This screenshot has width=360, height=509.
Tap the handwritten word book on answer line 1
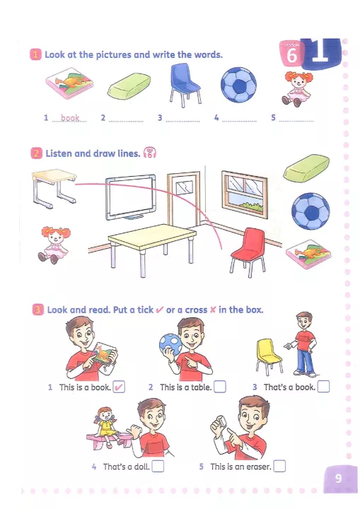[70, 118]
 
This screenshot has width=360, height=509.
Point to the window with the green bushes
[244, 194]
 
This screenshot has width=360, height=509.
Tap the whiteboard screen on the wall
[131, 196]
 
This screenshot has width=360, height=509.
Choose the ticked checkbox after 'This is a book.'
[119, 387]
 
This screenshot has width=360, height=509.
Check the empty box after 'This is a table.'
[220, 387]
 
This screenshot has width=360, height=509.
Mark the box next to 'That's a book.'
[323, 387]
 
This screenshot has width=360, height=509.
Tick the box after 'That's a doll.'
[158, 466]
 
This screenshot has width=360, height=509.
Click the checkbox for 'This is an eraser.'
[280, 466]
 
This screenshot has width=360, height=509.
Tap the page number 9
[339, 478]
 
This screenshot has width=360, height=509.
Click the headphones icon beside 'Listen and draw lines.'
[150, 153]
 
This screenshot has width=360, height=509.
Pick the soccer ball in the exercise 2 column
[310, 211]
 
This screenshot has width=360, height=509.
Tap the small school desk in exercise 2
[54, 188]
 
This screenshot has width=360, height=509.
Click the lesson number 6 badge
[291, 54]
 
